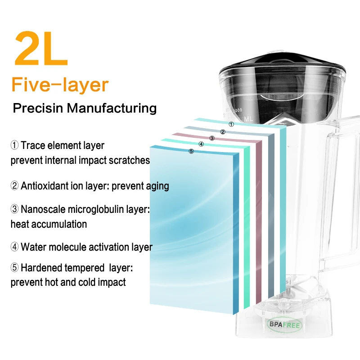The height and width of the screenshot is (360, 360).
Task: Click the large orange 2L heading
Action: tap(41, 48)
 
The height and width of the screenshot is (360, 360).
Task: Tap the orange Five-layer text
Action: tap(60, 85)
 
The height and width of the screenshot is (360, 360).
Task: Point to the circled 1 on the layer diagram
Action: tap(231, 124)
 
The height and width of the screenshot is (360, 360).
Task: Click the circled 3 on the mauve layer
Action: tap(212, 138)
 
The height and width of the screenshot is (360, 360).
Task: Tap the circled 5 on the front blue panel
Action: tap(191, 152)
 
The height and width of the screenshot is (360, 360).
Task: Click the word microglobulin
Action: tap(97, 209)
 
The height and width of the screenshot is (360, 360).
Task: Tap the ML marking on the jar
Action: tap(247, 118)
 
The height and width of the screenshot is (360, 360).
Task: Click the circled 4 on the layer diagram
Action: tap(201, 144)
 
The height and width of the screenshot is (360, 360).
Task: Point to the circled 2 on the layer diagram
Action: tap(222, 132)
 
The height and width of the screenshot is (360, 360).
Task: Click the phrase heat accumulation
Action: tap(49, 224)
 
